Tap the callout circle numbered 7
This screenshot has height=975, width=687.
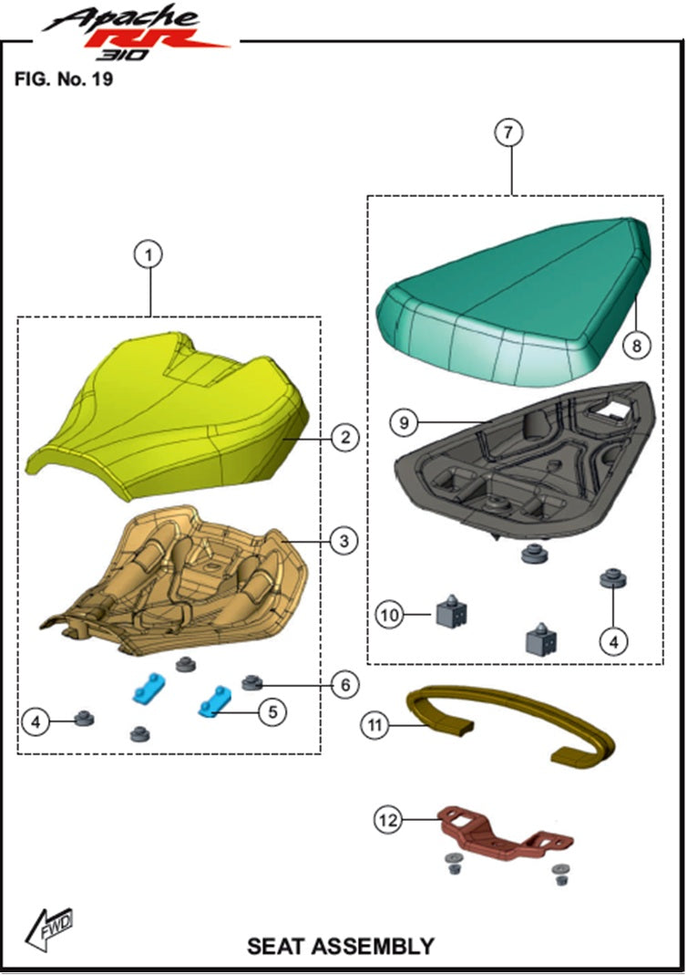508,132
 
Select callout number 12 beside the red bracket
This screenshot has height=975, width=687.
387,820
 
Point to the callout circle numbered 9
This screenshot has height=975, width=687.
404,423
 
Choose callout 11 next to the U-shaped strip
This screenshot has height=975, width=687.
374,725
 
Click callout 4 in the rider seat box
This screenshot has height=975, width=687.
36,722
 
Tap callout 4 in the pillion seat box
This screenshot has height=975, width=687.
614,641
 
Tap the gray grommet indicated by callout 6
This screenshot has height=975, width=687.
251,682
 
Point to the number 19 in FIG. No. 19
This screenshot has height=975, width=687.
102,79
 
